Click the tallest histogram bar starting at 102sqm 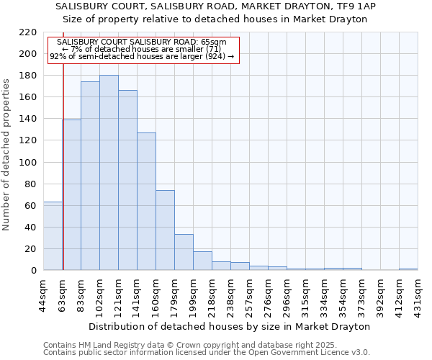(x=109, y=173)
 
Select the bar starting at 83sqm (x=90, y=176)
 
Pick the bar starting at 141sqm (x=146, y=202)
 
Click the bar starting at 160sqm (x=165, y=230)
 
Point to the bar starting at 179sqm (x=184, y=252)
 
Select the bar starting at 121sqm (x=127, y=180)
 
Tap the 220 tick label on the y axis (x=27, y=32)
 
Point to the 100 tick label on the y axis (x=27, y=163)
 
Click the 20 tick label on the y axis (x=30, y=249)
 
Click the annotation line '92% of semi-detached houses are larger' (x=142, y=56)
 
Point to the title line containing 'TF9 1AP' (x=215, y=6)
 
